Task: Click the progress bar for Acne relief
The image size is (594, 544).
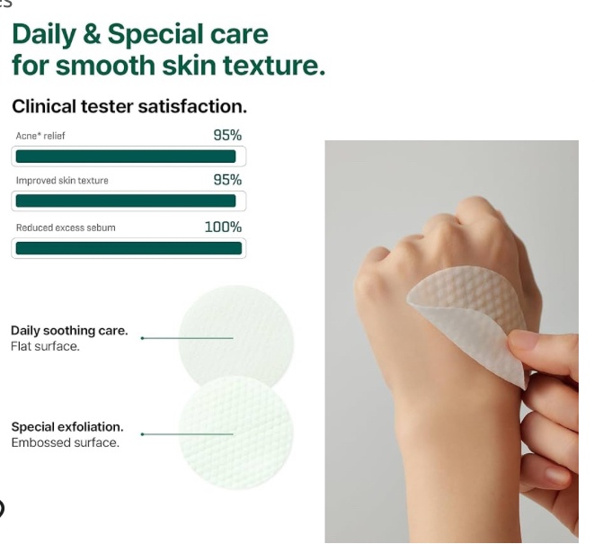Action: click(x=129, y=156)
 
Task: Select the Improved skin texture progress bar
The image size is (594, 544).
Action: click(x=129, y=201)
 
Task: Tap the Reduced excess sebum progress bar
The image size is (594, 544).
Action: click(x=129, y=248)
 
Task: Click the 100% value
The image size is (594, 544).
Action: click(x=223, y=227)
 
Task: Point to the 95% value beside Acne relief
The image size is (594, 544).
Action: click(x=227, y=136)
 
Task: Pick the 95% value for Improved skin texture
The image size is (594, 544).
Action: click(x=227, y=180)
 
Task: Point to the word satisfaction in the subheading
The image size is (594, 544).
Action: click(x=192, y=106)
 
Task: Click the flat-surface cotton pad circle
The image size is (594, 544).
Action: click(x=236, y=334)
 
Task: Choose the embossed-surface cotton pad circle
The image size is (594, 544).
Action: click(x=236, y=433)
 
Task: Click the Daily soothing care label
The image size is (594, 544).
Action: click(x=69, y=331)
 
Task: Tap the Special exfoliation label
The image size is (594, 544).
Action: click(x=67, y=427)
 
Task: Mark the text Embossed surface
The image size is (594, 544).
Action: click(x=66, y=442)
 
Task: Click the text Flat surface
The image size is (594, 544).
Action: click(x=45, y=346)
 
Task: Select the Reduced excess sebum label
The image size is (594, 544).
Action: click(x=66, y=227)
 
